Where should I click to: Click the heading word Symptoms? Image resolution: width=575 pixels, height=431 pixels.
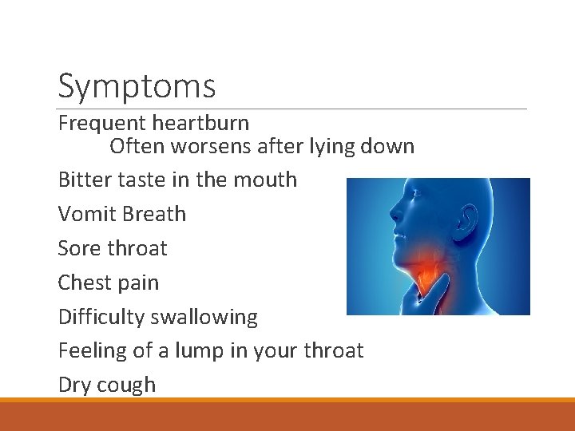(x=137, y=86)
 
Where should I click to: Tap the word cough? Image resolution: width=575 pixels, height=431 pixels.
(x=127, y=385)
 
